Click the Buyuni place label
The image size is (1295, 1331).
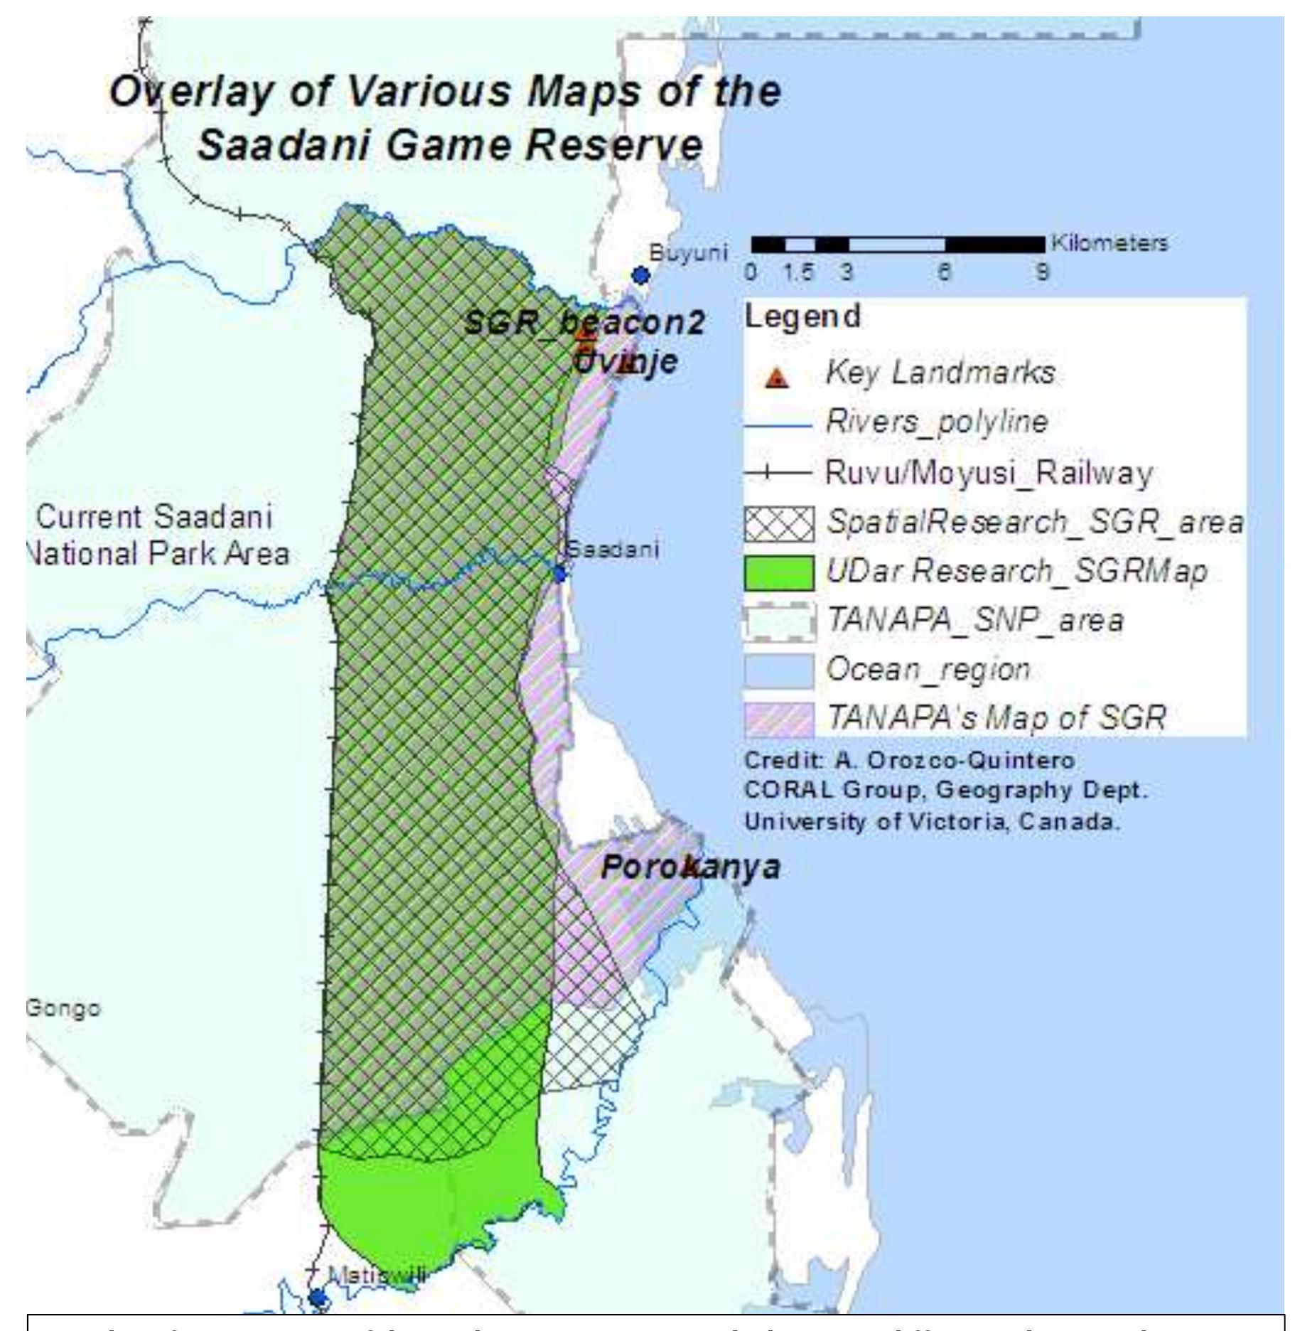(x=688, y=252)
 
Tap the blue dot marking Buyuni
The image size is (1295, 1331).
(x=641, y=275)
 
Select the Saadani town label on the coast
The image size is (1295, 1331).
(x=613, y=549)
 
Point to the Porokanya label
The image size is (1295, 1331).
(x=690, y=867)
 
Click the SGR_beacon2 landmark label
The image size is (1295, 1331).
(x=584, y=323)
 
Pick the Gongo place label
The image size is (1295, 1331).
(x=63, y=1008)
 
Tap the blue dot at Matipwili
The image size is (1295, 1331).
(x=318, y=1298)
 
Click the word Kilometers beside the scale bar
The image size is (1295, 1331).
(x=1109, y=243)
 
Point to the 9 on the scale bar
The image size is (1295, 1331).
(x=1041, y=272)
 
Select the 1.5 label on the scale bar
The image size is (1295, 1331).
(x=798, y=272)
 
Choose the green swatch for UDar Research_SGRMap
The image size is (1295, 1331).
(x=779, y=573)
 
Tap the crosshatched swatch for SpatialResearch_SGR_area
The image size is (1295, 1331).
(x=779, y=524)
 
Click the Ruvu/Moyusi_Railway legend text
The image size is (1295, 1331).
(x=988, y=474)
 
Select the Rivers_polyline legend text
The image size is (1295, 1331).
(x=936, y=422)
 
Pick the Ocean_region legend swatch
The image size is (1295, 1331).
(x=779, y=671)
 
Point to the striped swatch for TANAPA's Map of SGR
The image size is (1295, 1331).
(x=779, y=720)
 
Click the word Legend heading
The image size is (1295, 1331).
(x=802, y=316)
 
